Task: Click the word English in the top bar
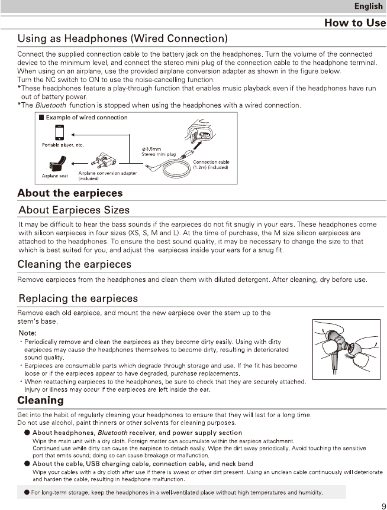[x=368, y=7]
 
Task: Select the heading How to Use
[x=355, y=22]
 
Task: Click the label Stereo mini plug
[x=159, y=154]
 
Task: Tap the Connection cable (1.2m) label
[x=211, y=165]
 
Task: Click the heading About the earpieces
[x=70, y=193]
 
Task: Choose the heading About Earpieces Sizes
[x=74, y=210]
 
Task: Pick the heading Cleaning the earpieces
[x=75, y=264]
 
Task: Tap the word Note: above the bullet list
[x=28, y=332]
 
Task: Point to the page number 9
[x=383, y=505]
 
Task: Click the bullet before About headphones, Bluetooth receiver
[x=27, y=433]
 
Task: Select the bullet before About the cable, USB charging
[x=27, y=464]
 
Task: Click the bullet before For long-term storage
[x=27, y=492]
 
